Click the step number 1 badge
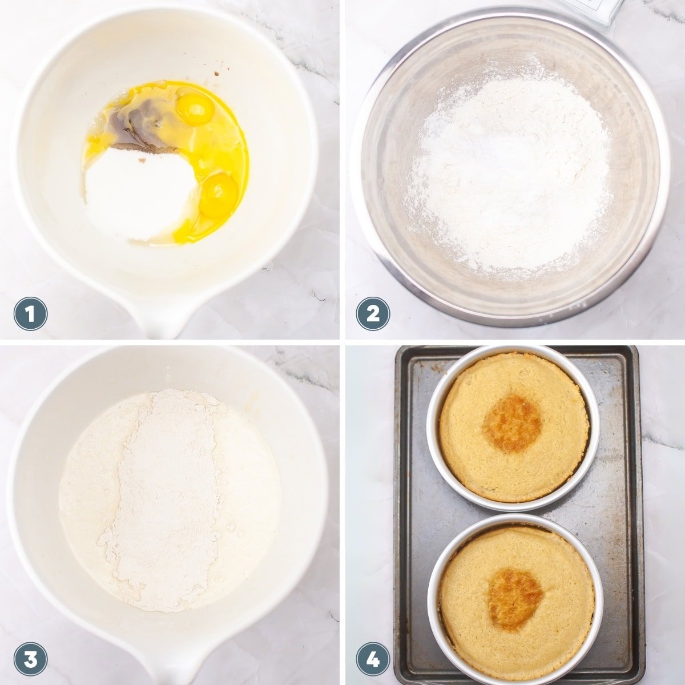pos(30,314)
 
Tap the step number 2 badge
pos(373,314)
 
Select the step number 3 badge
pos(30,659)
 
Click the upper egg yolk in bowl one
pos(195,110)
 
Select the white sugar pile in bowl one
pos(140,194)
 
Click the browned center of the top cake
pos(513,424)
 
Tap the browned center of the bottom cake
pos(515,598)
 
